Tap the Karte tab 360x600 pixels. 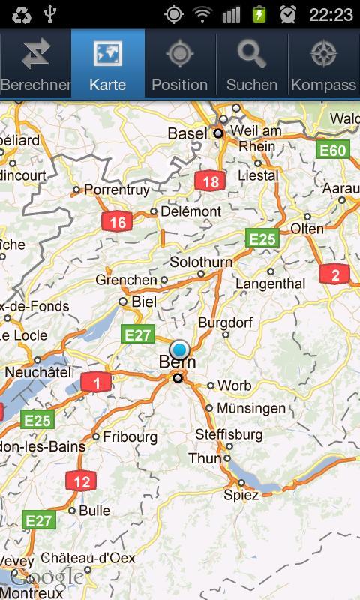point(108,64)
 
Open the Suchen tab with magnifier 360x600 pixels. point(252,64)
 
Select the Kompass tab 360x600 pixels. point(323,64)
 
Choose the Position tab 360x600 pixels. point(180,64)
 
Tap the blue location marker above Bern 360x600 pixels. point(179,349)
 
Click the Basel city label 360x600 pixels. point(187,133)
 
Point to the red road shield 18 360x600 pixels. point(211,181)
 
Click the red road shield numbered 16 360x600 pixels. point(118,222)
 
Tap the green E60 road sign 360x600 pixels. point(332,151)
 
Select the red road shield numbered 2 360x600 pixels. point(334,274)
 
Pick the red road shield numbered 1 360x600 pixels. point(96,383)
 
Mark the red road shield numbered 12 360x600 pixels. point(81,481)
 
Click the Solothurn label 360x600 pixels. point(201,262)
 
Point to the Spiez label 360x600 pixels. point(241,495)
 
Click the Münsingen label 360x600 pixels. point(251,408)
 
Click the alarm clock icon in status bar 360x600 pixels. point(288,14)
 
